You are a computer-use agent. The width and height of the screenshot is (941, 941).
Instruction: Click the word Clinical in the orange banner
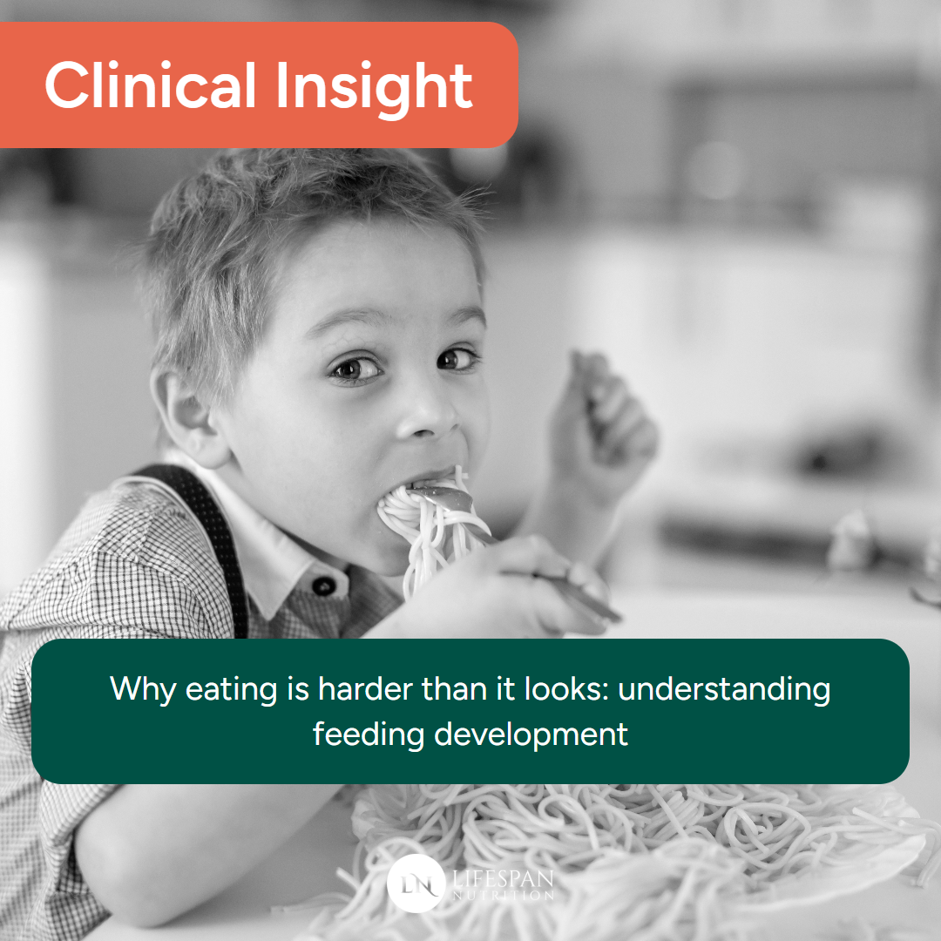click(149, 86)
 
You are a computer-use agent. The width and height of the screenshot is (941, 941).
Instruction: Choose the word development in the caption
click(531, 734)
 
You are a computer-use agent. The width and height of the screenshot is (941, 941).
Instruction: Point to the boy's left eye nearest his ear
click(356, 368)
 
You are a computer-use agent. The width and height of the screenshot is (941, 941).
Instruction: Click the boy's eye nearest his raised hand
click(457, 358)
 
